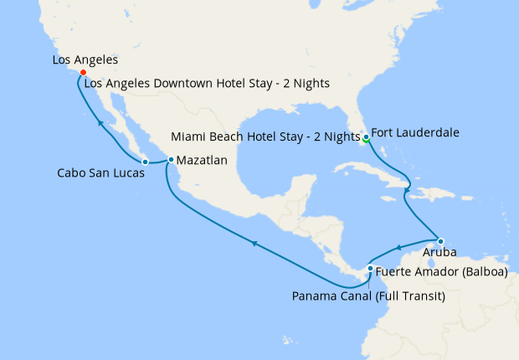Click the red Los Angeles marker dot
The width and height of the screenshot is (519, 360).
coord(83,73)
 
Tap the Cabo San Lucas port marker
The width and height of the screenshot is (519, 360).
coord(145,161)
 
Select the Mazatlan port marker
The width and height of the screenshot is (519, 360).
coord(171,159)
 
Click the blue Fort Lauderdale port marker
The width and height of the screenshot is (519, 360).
coord(366,136)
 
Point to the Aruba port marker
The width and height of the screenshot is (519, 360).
coord(440,241)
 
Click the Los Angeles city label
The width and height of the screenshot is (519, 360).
coord(85,60)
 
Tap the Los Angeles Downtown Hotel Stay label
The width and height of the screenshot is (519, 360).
coord(208,83)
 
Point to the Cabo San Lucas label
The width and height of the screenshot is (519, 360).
coord(99,174)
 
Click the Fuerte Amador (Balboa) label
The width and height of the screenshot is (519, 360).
coord(434,271)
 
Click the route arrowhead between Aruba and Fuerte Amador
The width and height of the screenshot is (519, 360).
coord(400,248)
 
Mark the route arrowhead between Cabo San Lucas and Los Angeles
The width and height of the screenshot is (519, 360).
coord(100,124)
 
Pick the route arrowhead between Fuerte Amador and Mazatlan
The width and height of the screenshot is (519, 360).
coord(254,243)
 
